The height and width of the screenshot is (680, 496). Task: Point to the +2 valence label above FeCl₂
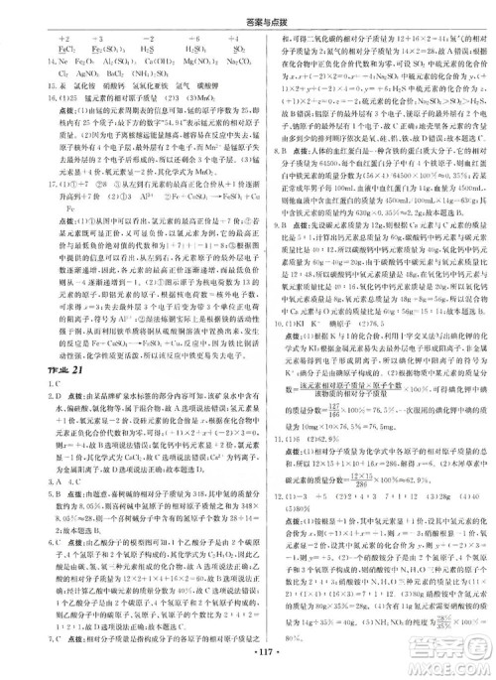coord(37,37)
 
